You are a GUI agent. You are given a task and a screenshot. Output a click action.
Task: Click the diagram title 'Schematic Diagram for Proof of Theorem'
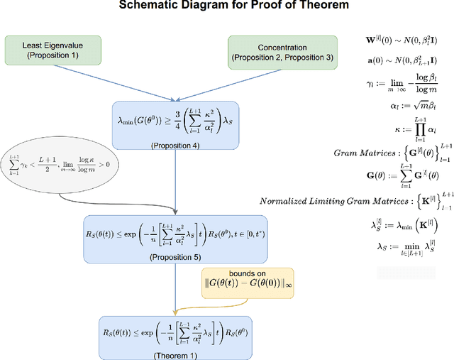click(226, 6)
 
